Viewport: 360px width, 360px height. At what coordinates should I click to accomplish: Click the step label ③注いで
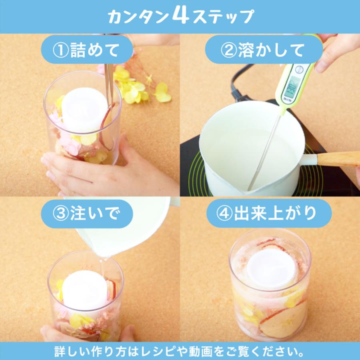(x=87, y=214)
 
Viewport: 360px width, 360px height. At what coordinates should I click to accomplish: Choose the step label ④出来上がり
(x=269, y=214)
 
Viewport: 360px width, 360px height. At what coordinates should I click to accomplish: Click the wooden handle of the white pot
(x=338, y=159)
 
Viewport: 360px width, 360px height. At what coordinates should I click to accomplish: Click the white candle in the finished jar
(x=271, y=268)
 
